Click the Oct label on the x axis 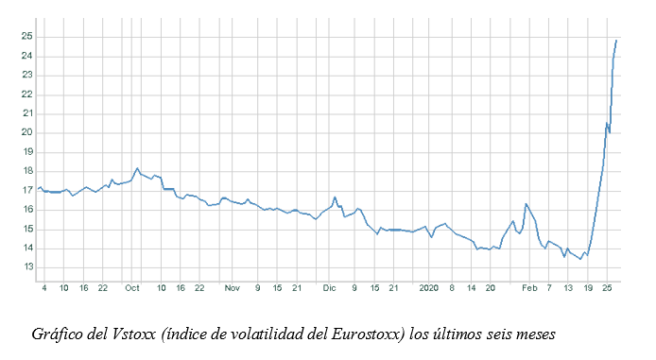click(132, 287)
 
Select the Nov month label click(232, 287)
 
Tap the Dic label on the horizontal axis click(328, 287)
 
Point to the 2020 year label click(429, 287)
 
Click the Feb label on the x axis click(528, 287)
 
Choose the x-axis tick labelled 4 click(44, 287)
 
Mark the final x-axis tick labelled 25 click(608, 287)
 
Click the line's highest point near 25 click(616, 40)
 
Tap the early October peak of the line click(137, 168)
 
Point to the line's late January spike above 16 click(526, 203)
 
